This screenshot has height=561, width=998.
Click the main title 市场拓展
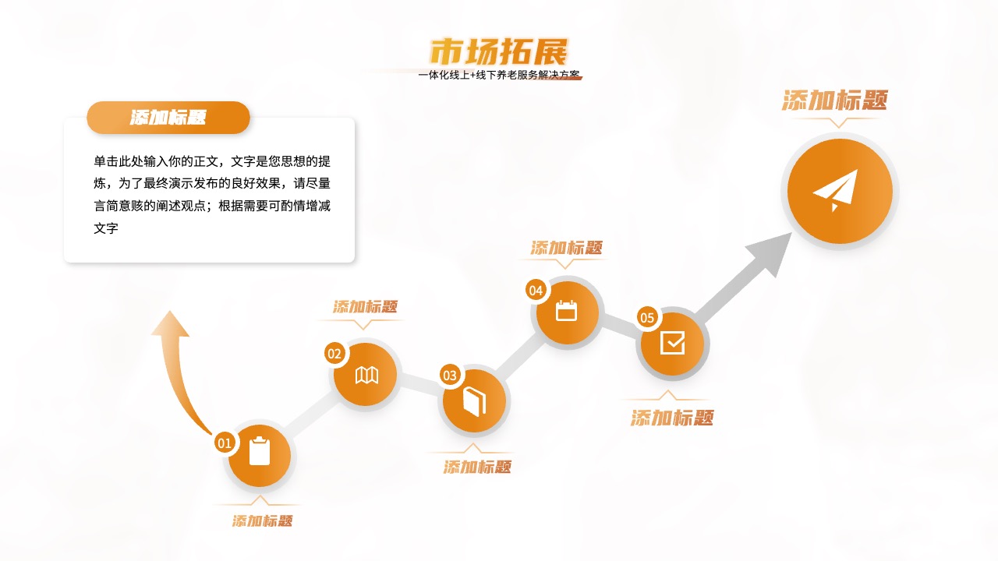(499, 51)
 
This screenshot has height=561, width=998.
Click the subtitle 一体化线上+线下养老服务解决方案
(499, 75)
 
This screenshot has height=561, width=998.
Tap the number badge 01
(225, 443)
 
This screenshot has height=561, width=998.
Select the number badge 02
(334, 354)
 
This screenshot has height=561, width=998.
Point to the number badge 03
(450, 376)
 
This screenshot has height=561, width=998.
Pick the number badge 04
(536, 291)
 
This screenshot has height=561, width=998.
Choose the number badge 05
(647, 317)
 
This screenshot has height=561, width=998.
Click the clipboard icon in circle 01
(260, 451)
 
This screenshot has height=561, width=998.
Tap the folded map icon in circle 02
(366, 375)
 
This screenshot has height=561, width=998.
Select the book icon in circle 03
(474, 401)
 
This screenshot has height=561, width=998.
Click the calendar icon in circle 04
(566, 311)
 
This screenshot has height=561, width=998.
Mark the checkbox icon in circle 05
(672, 343)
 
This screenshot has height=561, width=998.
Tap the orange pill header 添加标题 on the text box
(168, 118)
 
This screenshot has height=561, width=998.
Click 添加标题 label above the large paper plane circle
(835, 100)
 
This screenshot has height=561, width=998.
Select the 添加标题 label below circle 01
(263, 521)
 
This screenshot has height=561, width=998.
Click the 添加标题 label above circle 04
(566, 248)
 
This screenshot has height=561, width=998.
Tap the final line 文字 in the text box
(106, 228)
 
